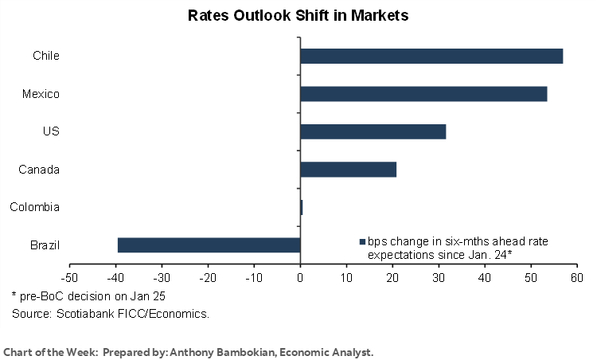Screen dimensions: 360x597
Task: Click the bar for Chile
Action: tap(431, 56)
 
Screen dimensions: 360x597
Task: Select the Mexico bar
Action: tap(423, 94)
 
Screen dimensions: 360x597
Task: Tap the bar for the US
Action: tap(373, 131)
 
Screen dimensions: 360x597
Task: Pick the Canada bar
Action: tap(348, 169)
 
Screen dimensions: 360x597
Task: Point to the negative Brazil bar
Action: tap(209, 245)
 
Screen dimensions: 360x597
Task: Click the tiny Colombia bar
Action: tap(302, 207)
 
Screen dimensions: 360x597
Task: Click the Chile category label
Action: tap(46, 56)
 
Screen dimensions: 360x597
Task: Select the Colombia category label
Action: tap(35, 207)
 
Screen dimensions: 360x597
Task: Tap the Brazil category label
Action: tap(44, 245)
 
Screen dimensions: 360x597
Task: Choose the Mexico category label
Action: tap(41, 94)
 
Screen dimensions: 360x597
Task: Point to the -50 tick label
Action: tap(69, 277)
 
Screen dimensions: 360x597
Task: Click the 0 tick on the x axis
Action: tap(300, 277)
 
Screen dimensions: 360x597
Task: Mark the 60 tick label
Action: tap(577, 277)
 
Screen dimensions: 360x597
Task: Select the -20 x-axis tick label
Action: tap(208, 277)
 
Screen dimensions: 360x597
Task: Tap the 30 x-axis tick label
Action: tap(439, 277)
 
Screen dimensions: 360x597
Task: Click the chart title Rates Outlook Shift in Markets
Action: tap(298, 15)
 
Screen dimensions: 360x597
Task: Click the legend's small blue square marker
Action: tap(362, 241)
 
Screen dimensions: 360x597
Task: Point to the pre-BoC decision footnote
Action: tap(68, 297)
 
